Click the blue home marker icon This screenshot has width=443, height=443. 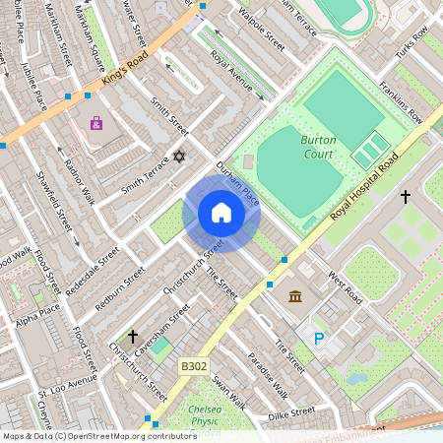[x=221, y=213]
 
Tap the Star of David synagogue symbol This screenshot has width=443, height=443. [x=178, y=157]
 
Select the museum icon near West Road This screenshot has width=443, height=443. [x=295, y=296]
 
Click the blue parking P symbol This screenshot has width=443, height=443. [x=318, y=339]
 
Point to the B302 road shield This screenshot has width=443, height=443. [x=194, y=366]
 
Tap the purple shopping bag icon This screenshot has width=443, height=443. [x=95, y=123]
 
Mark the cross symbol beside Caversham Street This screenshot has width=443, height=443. [x=132, y=337]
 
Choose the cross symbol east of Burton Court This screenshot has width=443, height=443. [x=405, y=197]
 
